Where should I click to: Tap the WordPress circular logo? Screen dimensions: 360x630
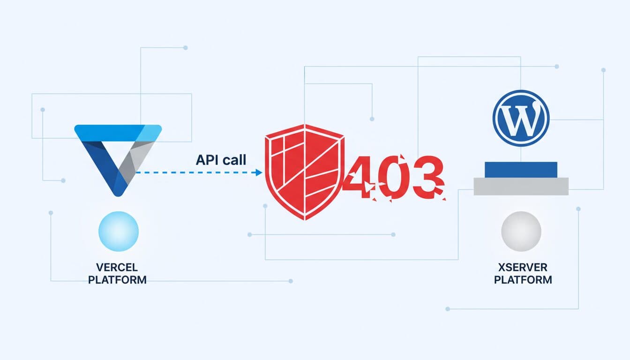point(521,118)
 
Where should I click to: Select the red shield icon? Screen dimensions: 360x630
point(305,171)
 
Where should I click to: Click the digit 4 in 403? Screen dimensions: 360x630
point(358,180)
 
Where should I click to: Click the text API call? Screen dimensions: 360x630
point(220,160)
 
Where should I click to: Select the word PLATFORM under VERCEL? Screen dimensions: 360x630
point(118,280)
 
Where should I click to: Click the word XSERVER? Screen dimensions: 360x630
point(523,268)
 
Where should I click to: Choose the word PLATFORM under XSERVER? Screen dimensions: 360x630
point(523,280)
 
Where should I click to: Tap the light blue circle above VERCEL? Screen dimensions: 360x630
point(119,232)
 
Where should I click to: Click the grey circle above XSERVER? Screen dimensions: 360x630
point(521,232)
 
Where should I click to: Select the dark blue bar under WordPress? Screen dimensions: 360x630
point(521,169)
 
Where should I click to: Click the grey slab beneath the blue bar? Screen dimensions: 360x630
point(521,186)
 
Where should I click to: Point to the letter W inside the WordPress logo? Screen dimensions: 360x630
point(521,119)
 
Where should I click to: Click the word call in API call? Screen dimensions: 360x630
point(234,160)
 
